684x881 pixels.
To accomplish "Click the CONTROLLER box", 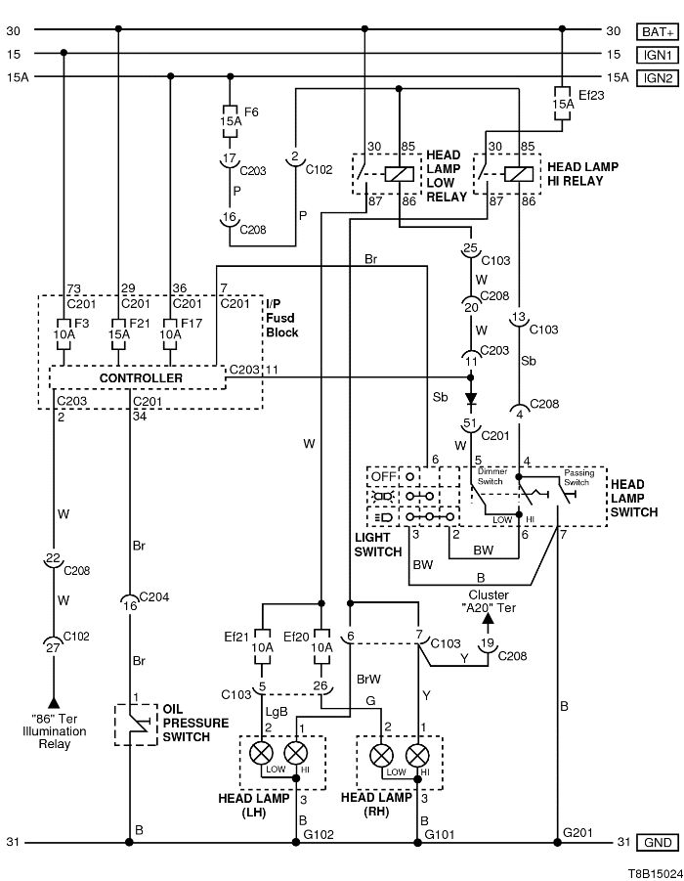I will click(140, 377).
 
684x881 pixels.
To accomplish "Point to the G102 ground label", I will click(319, 834).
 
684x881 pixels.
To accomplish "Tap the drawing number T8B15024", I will click(647, 868).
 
